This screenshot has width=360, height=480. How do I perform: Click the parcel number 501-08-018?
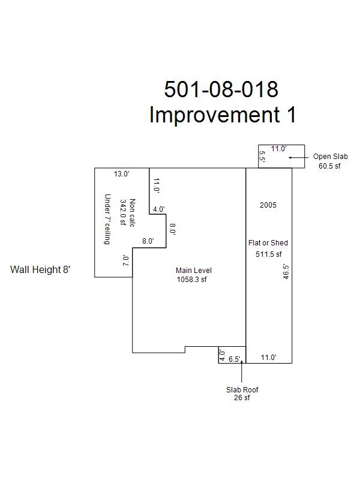click(x=221, y=89)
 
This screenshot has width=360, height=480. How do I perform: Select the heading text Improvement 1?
click(x=223, y=115)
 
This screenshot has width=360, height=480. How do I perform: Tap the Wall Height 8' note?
click(x=40, y=269)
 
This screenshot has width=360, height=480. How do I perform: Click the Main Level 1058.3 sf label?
click(x=193, y=275)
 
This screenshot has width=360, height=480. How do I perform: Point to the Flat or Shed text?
click(x=268, y=243)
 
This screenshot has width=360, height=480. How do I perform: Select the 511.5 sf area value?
click(x=268, y=254)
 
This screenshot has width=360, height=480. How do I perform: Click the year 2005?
click(x=268, y=205)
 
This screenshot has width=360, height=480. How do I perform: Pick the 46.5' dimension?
click(x=286, y=272)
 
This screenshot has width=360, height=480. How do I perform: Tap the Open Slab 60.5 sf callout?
click(x=330, y=161)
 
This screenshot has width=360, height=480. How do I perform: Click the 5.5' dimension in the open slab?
click(x=262, y=156)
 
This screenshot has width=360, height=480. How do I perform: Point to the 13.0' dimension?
click(x=122, y=174)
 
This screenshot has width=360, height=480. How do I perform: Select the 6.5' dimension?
click(x=235, y=359)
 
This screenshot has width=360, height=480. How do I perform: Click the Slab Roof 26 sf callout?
click(x=242, y=394)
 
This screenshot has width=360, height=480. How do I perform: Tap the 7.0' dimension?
click(x=125, y=260)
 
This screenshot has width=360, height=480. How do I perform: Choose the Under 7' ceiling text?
click(x=107, y=219)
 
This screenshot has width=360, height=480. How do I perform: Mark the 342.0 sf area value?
click(x=123, y=212)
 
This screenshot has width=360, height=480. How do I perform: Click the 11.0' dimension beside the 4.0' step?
click(x=157, y=185)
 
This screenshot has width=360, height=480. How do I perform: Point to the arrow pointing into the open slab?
click(x=299, y=157)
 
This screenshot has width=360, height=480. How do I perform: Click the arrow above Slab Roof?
click(x=242, y=371)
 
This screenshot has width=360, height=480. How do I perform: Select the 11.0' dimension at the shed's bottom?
click(x=268, y=357)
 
